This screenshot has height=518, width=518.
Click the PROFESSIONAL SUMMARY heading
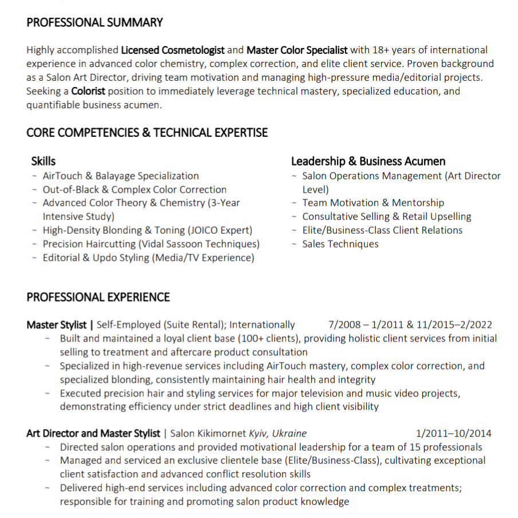pyautogui.click(x=95, y=23)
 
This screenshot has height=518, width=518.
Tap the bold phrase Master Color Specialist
pyautogui.click(x=297, y=50)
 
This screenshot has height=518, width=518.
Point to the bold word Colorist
pyautogui.click(x=88, y=91)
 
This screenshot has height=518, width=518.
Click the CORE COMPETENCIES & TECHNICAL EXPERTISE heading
pyautogui.click(x=147, y=132)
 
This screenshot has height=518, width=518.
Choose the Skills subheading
pyautogui.click(x=44, y=162)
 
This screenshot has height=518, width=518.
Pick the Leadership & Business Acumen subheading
pyautogui.click(x=368, y=162)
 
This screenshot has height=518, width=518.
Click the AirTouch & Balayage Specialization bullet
pyautogui.click(x=120, y=176)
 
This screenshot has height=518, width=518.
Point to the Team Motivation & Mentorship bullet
pyautogui.click(x=372, y=203)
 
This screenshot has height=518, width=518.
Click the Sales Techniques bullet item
pyautogui.click(x=340, y=244)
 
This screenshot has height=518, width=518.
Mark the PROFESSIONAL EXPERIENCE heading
pyautogui.click(x=98, y=297)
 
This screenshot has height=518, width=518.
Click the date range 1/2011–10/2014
pyautogui.click(x=453, y=434)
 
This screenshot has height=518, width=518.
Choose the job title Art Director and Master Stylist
pyautogui.click(x=93, y=434)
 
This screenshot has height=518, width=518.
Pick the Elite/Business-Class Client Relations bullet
pyautogui.click(x=382, y=230)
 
